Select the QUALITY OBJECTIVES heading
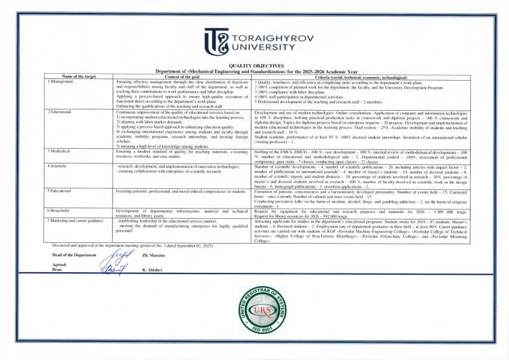point(254,66)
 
